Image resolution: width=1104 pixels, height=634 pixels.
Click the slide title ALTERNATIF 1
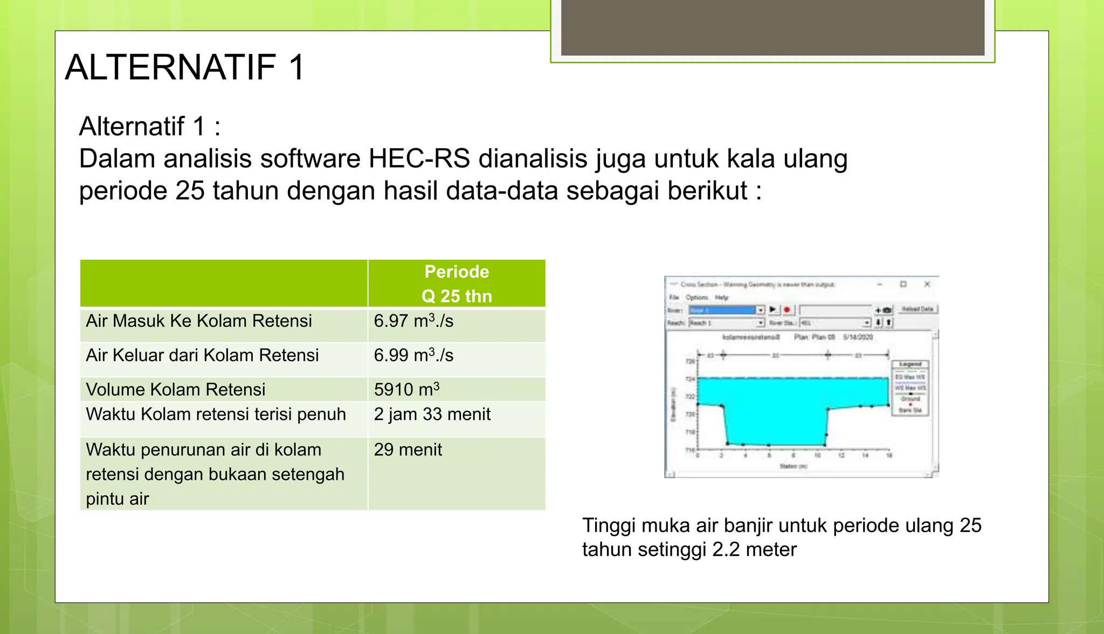(x=185, y=68)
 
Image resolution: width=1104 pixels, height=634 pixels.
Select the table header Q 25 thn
(x=457, y=296)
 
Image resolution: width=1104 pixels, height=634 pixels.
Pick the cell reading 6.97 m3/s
(x=413, y=321)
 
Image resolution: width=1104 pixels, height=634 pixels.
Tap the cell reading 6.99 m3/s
(x=413, y=356)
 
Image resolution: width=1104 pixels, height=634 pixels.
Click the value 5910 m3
(x=406, y=390)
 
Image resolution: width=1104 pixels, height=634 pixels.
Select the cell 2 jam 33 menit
(x=432, y=415)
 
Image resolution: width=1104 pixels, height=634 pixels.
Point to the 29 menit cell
(x=408, y=450)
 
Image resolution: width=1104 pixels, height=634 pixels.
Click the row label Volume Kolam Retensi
(x=176, y=390)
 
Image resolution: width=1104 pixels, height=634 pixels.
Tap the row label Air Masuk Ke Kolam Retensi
(x=199, y=321)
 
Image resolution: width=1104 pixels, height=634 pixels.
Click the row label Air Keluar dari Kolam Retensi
(x=202, y=356)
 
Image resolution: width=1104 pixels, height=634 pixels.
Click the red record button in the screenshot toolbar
(x=786, y=309)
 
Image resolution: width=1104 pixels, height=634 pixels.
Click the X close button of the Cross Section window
(x=927, y=284)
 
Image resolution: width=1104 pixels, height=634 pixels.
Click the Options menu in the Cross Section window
(x=696, y=297)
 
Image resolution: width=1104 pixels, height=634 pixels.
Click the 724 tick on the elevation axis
(x=690, y=379)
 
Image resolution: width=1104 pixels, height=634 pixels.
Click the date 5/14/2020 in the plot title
(x=858, y=337)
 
